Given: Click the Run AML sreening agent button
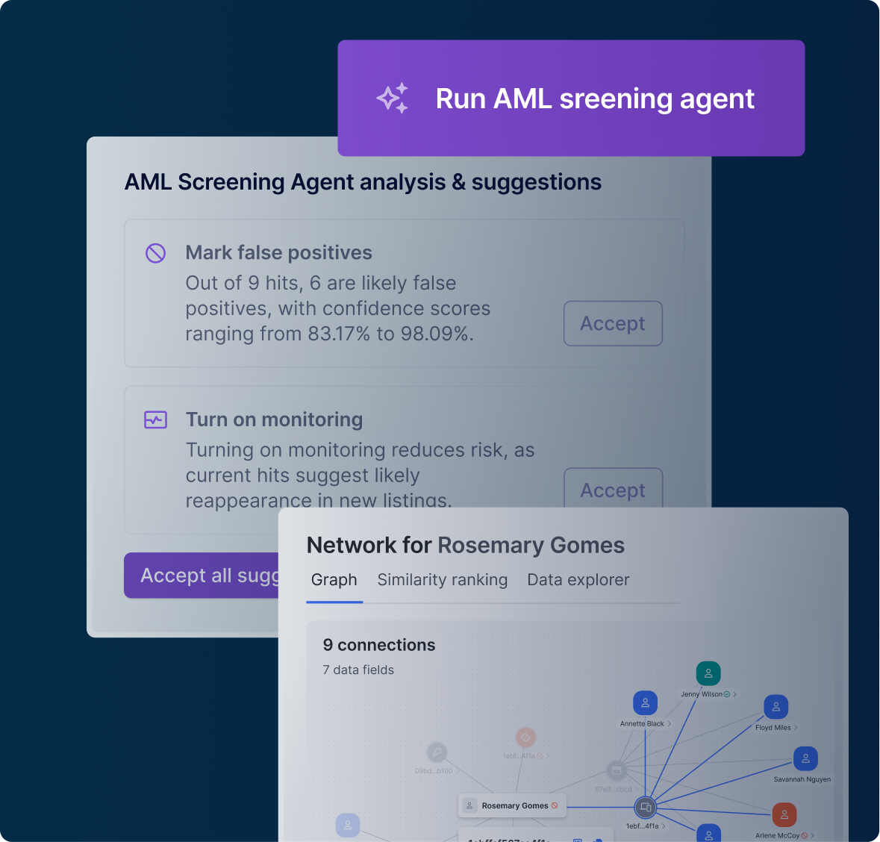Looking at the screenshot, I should (x=571, y=99).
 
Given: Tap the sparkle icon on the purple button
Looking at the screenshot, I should (x=393, y=99).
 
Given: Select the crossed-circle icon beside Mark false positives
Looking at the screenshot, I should (x=155, y=253).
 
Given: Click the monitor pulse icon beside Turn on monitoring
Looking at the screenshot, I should (x=155, y=420).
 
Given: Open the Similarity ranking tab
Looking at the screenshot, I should (x=442, y=580).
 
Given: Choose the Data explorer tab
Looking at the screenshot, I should (x=578, y=580).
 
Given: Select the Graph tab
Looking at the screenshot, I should (x=334, y=580).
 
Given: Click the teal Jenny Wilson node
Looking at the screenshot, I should (x=708, y=673).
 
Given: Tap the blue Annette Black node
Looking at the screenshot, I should (x=645, y=703).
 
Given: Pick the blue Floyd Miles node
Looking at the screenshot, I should (x=776, y=707).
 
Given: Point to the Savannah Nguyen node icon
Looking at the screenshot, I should (x=805, y=758).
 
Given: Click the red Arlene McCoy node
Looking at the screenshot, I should (x=784, y=814).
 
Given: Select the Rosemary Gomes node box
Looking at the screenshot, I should (x=512, y=805).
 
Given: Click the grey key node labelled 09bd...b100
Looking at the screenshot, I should (x=437, y=752).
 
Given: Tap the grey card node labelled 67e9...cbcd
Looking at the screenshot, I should (x=616, y=770).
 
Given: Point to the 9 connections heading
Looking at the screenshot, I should (x=378, y=645).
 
